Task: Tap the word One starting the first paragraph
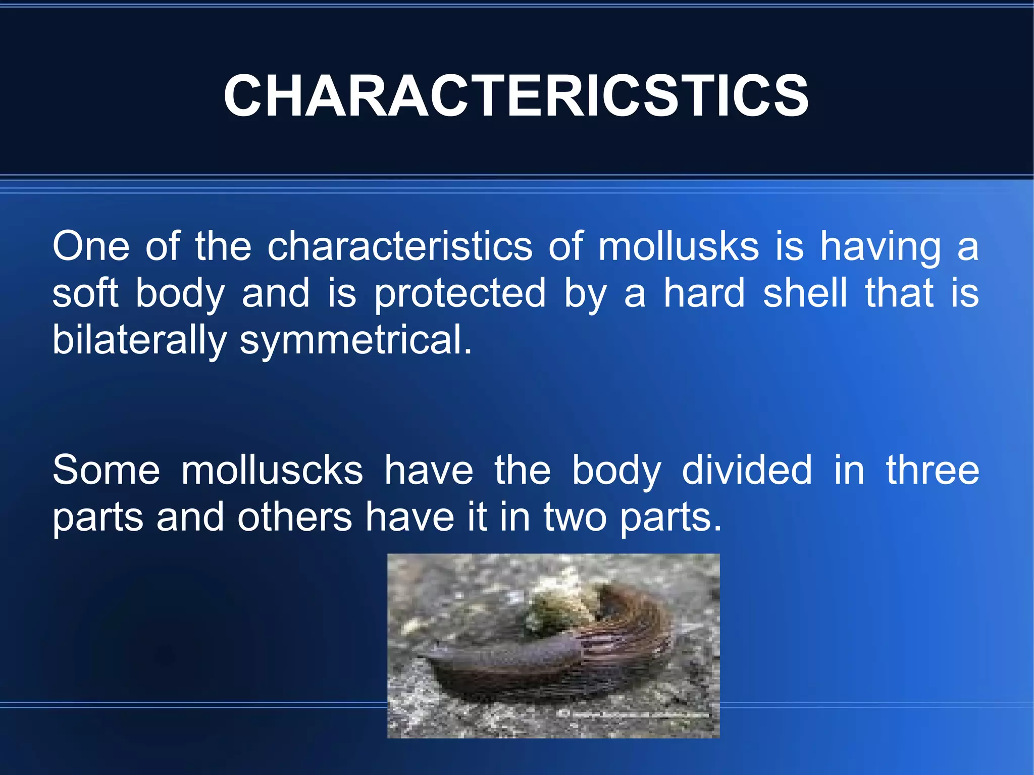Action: (x=91, y=246)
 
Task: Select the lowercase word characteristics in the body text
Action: (x=400, y=246)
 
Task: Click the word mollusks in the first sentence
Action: (x=679, y=246)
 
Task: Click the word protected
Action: (x=460, y=294)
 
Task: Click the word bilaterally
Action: (x=139, y=340)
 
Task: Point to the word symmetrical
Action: (x=355, y=340)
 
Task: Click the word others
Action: (x=295, y=518)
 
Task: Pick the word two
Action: (x=575, y=518)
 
